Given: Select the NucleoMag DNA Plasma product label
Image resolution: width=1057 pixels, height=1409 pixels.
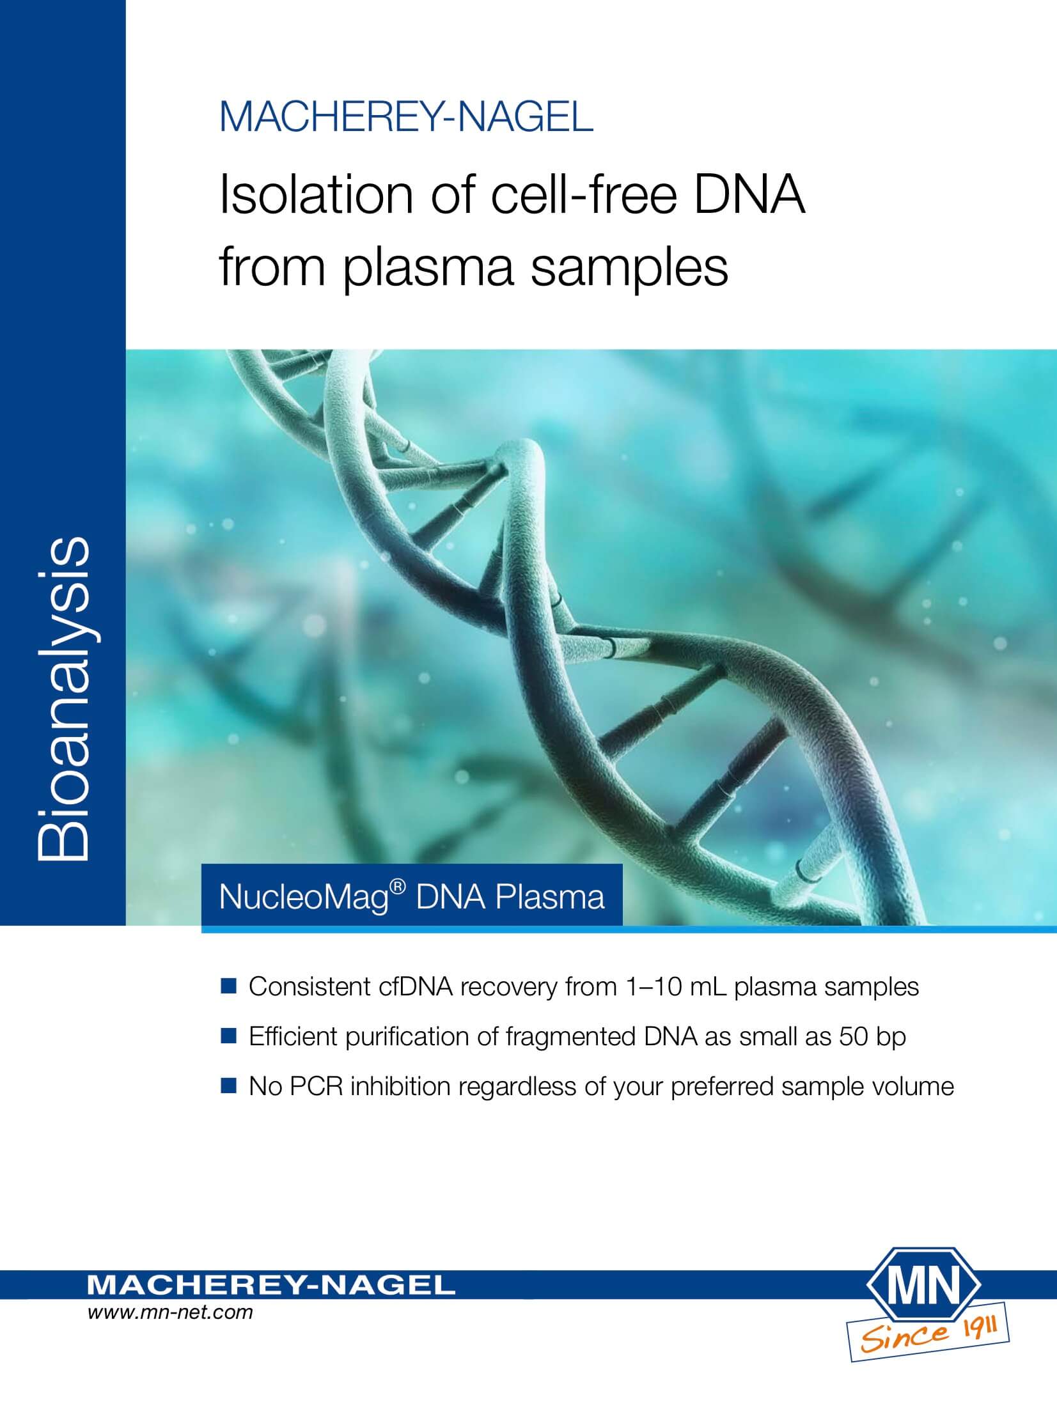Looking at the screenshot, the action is tap(412, 896).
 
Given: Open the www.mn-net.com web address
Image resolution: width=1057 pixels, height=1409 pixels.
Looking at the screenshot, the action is tap(170, 1313).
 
